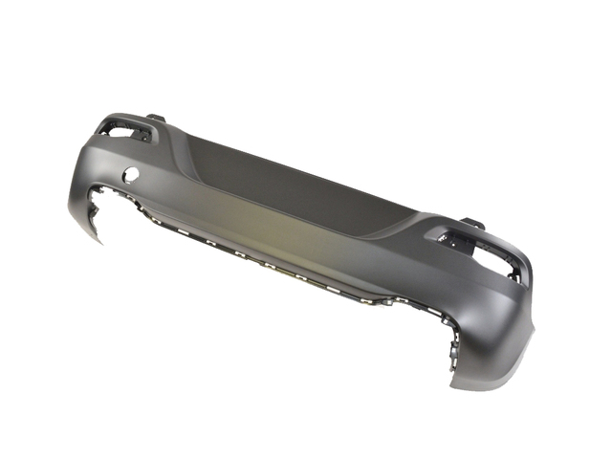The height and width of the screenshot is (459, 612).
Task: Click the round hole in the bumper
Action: tap(131, 177)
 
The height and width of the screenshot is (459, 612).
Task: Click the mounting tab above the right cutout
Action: tap(471, 223)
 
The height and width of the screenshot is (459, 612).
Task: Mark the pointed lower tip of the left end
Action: tap(99, 241)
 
